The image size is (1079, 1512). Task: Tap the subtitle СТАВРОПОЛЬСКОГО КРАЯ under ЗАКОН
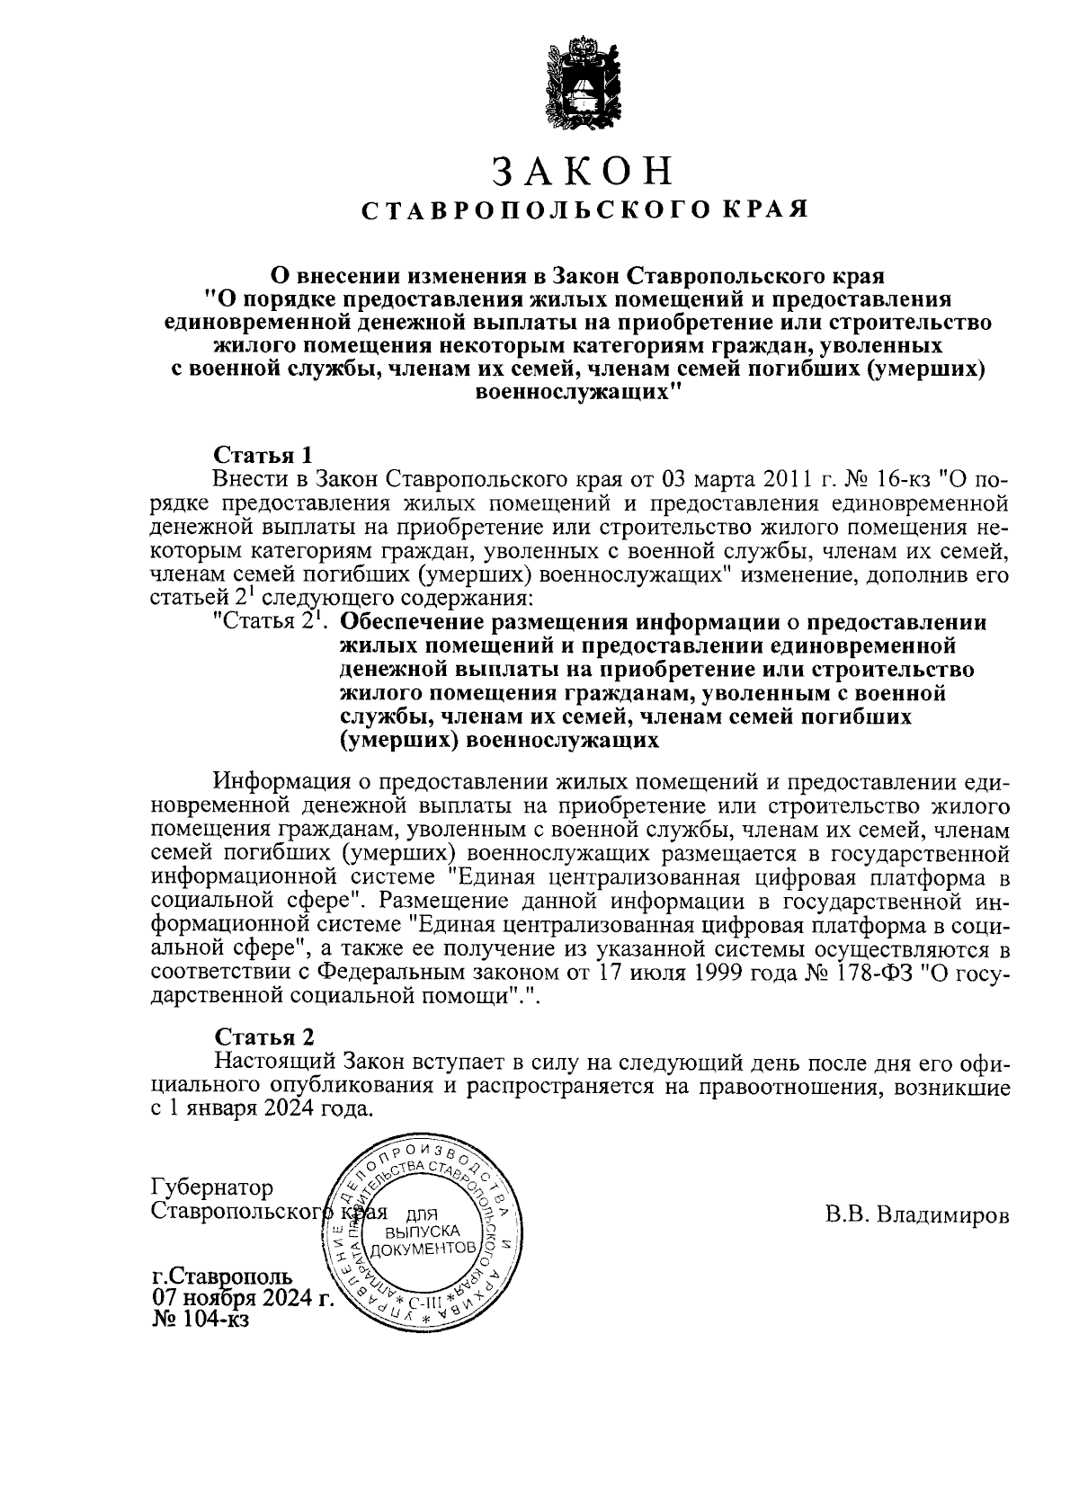tap(584, 210)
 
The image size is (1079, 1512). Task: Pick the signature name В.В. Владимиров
tap(917, 1216)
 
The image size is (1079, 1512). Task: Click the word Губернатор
tap(213, 1188)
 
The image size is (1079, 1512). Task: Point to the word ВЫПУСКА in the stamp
tap(422, 1231)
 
